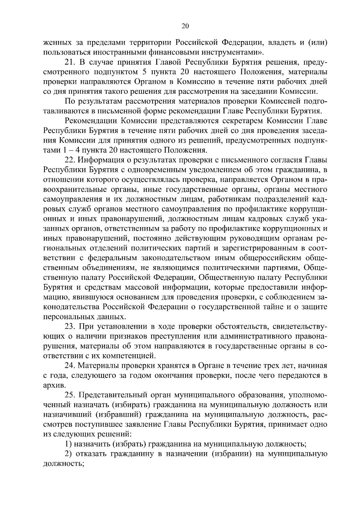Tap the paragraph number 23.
[69, 327]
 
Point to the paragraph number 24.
[69, 366]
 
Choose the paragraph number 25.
[69, 395]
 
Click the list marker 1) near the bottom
[68, 444]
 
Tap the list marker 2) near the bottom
[68, 454]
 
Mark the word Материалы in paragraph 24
[97, 366]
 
